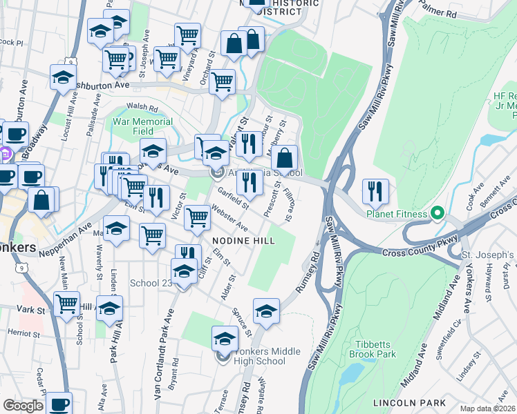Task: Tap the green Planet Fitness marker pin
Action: point(437,213)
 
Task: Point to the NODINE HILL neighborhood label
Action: point(243,240)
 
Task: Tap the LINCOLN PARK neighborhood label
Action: point(402,402)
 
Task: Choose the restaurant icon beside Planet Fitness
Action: point(375,190)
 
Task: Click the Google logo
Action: point(23,406)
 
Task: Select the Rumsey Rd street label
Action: point(308,273)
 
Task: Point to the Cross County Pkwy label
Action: point(413,253)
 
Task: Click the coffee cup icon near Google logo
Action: point(60,404)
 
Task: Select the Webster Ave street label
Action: point(229,218)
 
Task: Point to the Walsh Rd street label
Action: point(142,108)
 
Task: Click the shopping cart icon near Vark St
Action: point(67,304)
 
